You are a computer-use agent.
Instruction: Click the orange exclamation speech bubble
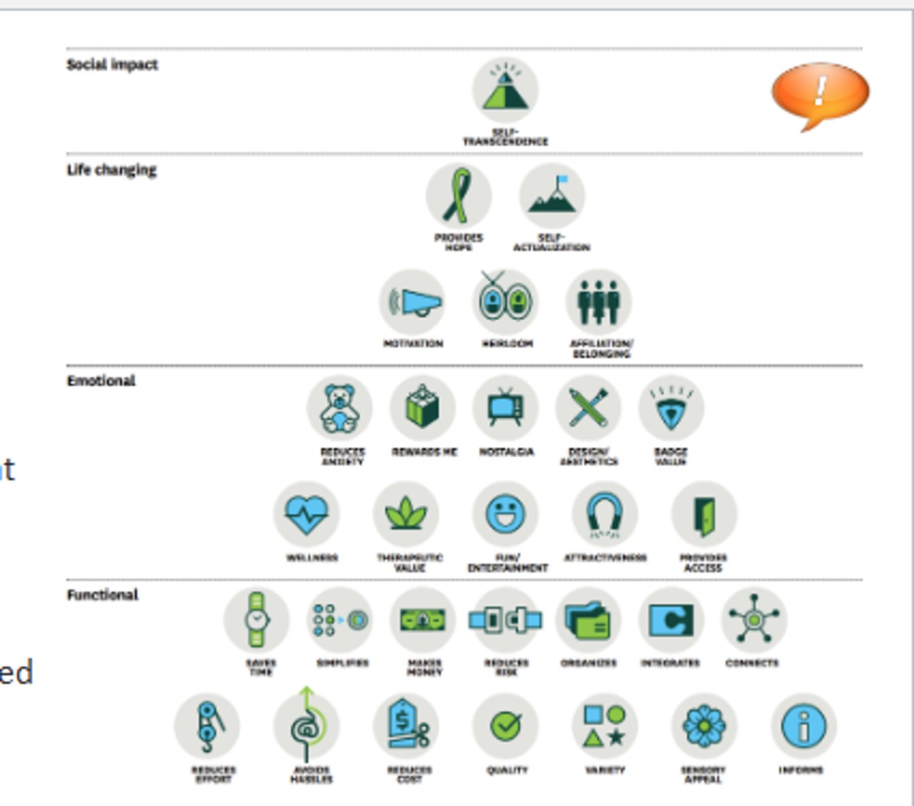(820, 94)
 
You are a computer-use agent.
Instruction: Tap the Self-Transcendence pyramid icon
(505, 90)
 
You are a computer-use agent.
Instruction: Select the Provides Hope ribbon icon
(458, 196)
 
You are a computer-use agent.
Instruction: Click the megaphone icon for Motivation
(412, 302)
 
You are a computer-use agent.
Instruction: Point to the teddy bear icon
(340, 408)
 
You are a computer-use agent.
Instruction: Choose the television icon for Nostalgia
(505, 408)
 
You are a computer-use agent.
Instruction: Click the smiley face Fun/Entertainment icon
(505, 514)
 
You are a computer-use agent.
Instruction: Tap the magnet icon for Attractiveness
(605, 514)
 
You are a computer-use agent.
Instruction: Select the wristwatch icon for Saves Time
(256, 619)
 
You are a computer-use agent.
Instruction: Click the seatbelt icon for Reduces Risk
(505, 619)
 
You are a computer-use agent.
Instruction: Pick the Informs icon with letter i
(803, 725)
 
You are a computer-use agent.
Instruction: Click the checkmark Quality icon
(505, 725)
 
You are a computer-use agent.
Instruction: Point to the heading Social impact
(112, 65)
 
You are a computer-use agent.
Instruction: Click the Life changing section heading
(111, 170)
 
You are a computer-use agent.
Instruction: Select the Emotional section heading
(101, 381)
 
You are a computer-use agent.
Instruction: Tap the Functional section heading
(102, 595)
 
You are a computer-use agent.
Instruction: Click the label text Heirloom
(507, 344)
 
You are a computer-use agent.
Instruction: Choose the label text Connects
(752, 663)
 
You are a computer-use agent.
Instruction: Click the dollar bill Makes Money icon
(422, 619)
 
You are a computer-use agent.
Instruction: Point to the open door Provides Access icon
(704, 514)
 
